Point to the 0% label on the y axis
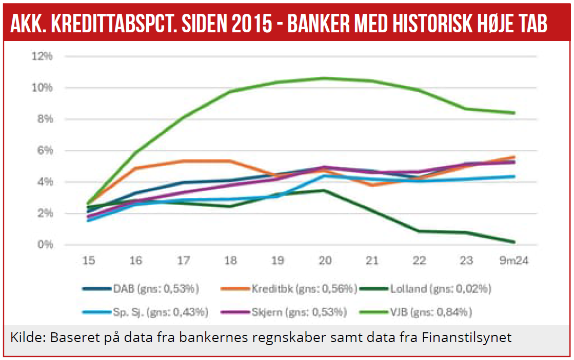coord(45,245)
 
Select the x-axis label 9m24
coord(514,261)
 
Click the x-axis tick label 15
coord(89,261)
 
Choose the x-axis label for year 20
coord(324,261)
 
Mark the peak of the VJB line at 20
coord(324,78)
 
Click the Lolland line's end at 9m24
coord(514,242)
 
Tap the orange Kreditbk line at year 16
coord(136,168)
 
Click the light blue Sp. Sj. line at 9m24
coord(514,176)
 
